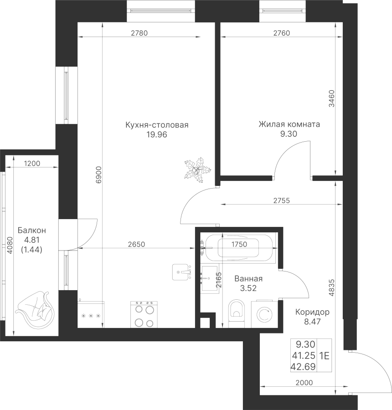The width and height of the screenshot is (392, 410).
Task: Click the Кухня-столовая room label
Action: tap(157, 125)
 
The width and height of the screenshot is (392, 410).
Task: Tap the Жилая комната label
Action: tap(289, 124)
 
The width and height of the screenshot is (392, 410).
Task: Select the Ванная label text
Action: tap(248, 279)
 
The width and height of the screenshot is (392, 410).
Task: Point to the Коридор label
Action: tap(312, 312)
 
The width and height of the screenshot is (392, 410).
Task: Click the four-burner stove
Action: tap(144, 314)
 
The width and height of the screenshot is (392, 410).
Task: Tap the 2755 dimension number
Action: tap(283, 200)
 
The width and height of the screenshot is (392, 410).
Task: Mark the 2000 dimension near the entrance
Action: tap(304, 383)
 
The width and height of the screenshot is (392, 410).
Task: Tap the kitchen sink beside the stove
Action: tap(91, 315)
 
